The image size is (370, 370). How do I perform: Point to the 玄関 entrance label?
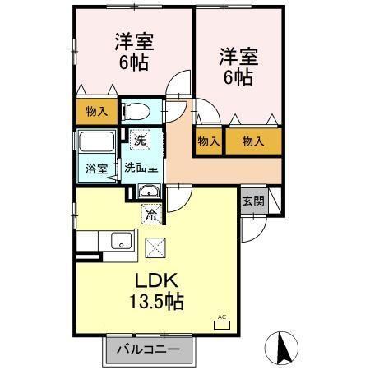coord(252,201)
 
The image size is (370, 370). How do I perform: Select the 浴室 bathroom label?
coord(97,169)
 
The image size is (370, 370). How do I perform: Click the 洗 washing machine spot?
coord(139,141)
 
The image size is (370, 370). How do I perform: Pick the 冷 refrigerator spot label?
coord(151,215)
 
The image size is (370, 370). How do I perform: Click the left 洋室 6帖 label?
coord(133,52)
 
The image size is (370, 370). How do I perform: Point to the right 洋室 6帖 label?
coord(238,67)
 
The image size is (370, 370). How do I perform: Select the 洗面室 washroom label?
coord(141,168)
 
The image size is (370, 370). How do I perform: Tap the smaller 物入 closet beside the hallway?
coord(209,141)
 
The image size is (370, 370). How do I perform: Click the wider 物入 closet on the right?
coord(252,141)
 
